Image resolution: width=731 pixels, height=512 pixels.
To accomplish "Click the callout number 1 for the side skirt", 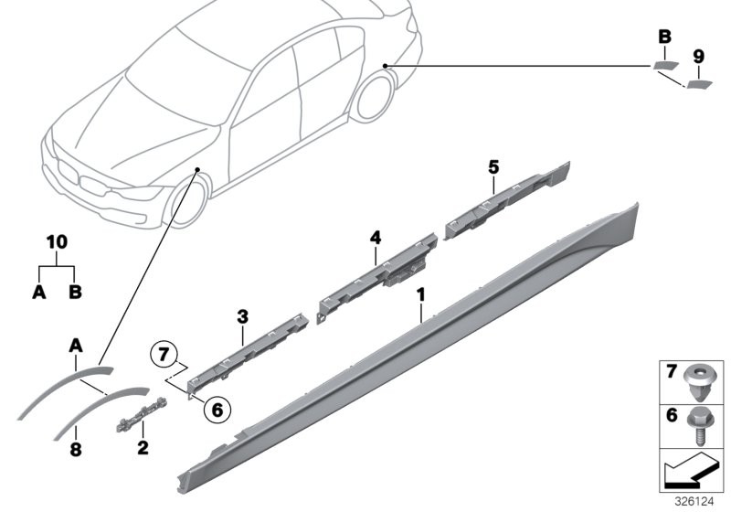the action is click(421, 295).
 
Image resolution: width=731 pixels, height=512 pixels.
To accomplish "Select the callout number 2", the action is click(143, 448).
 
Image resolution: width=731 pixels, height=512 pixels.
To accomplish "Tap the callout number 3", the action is click(242, 317).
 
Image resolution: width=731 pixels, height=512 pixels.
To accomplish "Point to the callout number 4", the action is click(376, 238).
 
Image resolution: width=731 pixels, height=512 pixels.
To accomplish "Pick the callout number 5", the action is click(493, 167).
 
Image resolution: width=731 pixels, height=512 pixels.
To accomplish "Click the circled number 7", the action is click(164, 355).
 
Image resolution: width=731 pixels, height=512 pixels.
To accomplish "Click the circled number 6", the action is click(217, 410).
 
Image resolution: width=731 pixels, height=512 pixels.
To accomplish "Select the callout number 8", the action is click(76, 450).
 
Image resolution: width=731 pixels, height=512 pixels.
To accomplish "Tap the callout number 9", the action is click(698, 57).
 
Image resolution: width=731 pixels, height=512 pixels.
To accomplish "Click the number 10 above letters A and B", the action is click(57, 242).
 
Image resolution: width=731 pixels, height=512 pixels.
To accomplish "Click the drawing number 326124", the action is click(694, 502).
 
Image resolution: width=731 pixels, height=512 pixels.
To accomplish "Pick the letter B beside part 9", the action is click(665, 37).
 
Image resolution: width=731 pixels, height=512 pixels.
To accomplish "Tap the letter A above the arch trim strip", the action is click(76, 346).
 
